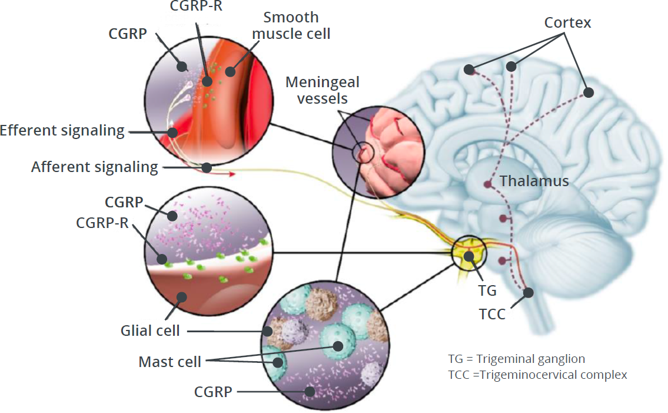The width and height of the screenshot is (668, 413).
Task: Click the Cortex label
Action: pos(567,23)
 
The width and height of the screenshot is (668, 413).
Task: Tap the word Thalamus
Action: pos(534,181)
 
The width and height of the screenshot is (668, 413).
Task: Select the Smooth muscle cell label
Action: pos(291,25)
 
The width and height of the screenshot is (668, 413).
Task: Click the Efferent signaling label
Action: pos(62,131)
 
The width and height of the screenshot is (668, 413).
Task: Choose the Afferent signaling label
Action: pos(95,167)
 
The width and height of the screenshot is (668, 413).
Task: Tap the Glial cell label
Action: pos(151,331)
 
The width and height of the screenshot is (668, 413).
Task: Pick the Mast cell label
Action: pos(170,361)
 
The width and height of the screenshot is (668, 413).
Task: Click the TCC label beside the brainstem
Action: pos(491,314)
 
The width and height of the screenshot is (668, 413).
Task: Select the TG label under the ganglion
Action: pos(488,290)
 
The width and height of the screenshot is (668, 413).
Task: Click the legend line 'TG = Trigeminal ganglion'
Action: pos(516,359)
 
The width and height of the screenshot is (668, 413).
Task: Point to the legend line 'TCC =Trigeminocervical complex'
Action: pos(537,375)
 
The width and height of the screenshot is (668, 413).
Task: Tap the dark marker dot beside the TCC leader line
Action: pos(528,292)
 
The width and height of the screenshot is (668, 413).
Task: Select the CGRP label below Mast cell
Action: pos(213,391)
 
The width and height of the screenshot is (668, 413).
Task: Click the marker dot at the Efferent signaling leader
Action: pos(172,132)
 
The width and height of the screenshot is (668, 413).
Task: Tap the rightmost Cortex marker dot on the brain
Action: pos(588,92)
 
